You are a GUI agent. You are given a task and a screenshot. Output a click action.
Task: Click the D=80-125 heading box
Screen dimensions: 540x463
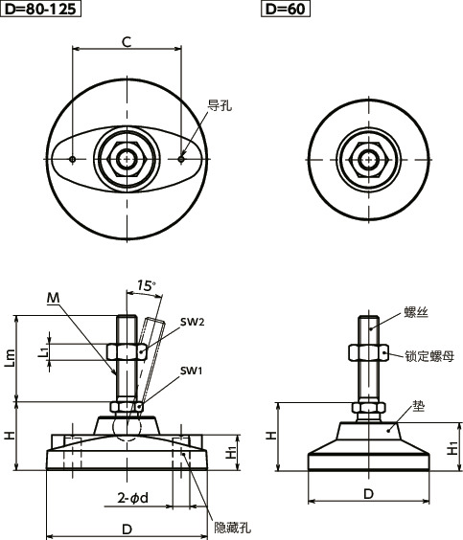[40, 11]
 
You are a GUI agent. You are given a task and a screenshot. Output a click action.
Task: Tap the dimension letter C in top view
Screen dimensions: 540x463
[126, 40]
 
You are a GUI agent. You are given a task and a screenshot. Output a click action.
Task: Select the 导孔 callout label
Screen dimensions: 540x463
[220, 107]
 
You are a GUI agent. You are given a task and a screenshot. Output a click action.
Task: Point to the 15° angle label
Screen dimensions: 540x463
[145, 285]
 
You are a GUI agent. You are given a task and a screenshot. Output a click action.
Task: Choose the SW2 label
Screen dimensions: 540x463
[191, 323]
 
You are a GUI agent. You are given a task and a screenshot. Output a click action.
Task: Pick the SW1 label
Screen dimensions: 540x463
[191, 371]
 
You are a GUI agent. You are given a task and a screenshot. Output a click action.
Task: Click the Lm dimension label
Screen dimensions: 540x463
[11, 357]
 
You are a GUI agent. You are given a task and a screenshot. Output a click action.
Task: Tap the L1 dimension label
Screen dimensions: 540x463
[43, 352]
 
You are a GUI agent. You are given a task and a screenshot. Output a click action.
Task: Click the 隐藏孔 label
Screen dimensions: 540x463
[230, 526]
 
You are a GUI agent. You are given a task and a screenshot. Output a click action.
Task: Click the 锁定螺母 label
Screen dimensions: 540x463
[428, 354]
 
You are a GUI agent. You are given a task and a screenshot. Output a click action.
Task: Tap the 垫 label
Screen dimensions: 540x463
[419, 406]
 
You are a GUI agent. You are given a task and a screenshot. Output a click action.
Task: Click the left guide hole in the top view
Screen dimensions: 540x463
[74, 159]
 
